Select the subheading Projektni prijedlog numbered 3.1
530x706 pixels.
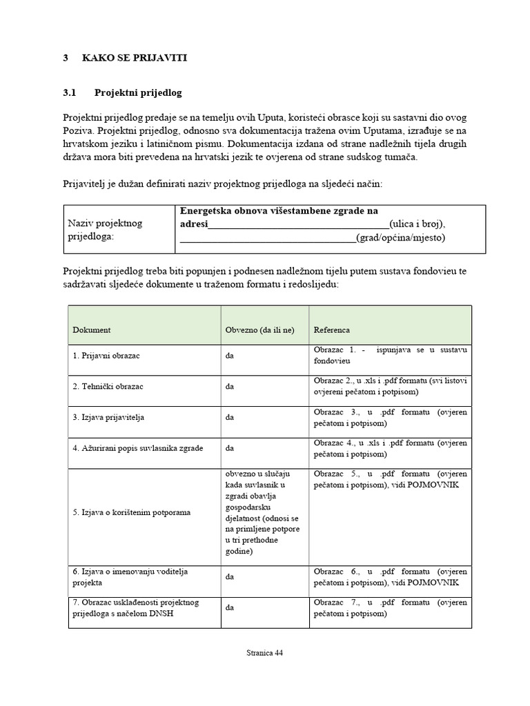coord(138,92)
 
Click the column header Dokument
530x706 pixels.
coord(92,330)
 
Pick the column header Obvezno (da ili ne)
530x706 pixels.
coord(259,330)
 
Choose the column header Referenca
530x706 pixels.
coord(332,330)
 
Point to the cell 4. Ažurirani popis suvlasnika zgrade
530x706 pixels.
coord(137,447)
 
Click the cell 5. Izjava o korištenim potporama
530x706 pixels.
coord(132,512)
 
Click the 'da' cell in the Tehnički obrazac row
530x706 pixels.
coord(230,387)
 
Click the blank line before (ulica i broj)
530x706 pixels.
coord(298,225)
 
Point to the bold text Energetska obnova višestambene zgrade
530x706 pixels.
coord(278,211)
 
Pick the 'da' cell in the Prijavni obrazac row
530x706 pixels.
coord(230,356)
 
